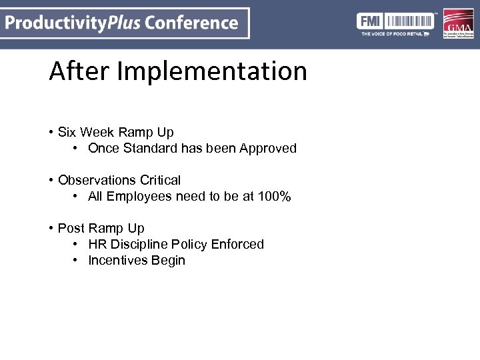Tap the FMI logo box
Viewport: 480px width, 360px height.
[369, 20]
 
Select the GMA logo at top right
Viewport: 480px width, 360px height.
[459, 24]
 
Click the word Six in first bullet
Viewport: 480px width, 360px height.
[68, 132]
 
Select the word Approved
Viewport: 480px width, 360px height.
[268, 148]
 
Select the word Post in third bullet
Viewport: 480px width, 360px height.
[71, 228]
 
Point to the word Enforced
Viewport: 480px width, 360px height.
[237, 244]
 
